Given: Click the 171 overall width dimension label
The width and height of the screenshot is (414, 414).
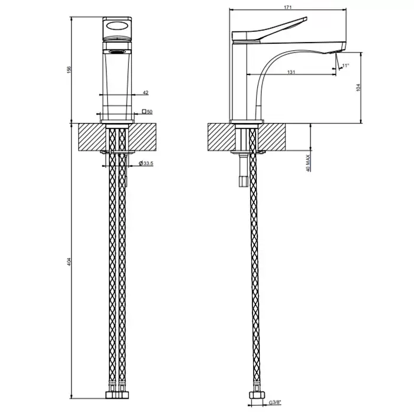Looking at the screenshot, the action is (287, 7).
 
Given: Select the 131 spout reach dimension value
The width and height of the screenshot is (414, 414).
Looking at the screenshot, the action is (291, 72).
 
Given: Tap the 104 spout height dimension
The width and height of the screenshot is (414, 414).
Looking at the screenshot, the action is (358, 88).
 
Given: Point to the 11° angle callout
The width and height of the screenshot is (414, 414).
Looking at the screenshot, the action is (345, 65).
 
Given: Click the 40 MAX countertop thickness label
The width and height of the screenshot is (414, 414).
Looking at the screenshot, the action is (308, 163).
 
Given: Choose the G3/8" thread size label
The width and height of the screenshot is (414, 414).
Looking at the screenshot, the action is (275, 402).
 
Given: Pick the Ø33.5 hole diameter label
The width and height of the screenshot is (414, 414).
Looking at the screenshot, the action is (146, 163).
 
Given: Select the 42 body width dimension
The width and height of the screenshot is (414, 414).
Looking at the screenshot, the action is (145, 93).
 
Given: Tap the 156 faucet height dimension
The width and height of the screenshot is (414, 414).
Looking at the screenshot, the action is (69, 69).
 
